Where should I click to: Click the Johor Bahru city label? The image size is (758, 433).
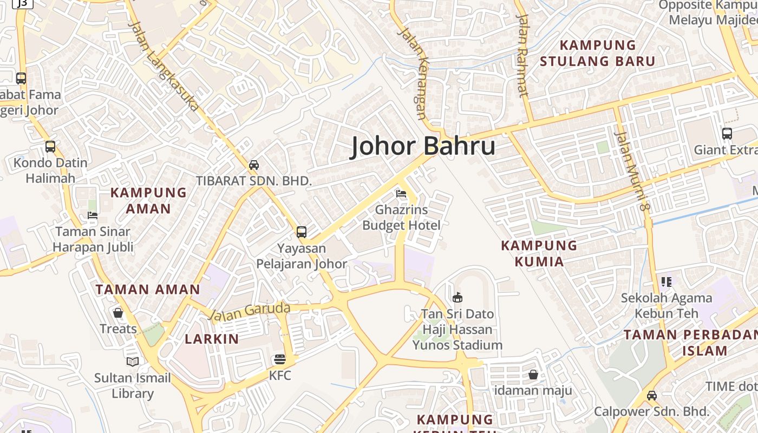[423, 146]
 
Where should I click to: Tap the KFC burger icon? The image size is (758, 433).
[280, 359]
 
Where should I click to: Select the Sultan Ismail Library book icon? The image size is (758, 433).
[133, 362]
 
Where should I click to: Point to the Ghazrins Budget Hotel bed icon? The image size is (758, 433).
[401, 193]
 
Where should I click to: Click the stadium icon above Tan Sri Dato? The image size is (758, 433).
[458, 297]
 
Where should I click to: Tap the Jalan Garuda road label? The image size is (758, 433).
[250, 311]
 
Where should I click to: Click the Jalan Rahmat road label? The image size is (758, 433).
[522, 55]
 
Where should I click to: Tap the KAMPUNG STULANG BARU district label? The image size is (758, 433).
[597, 53]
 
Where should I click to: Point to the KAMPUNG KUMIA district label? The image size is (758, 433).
[539, 253]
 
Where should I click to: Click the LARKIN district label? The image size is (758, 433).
[212, 339]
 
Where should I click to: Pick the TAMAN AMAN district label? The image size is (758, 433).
[148, 289]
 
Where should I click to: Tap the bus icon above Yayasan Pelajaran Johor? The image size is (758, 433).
[302, 232]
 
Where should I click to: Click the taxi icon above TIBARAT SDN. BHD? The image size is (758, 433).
[254, 165]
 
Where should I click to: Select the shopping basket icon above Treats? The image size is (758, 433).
[118, 313]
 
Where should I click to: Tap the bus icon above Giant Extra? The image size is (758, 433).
[727, 133]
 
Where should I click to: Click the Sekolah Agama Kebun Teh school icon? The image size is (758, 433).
[666, 281]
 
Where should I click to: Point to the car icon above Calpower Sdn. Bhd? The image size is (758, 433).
[652, 395]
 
